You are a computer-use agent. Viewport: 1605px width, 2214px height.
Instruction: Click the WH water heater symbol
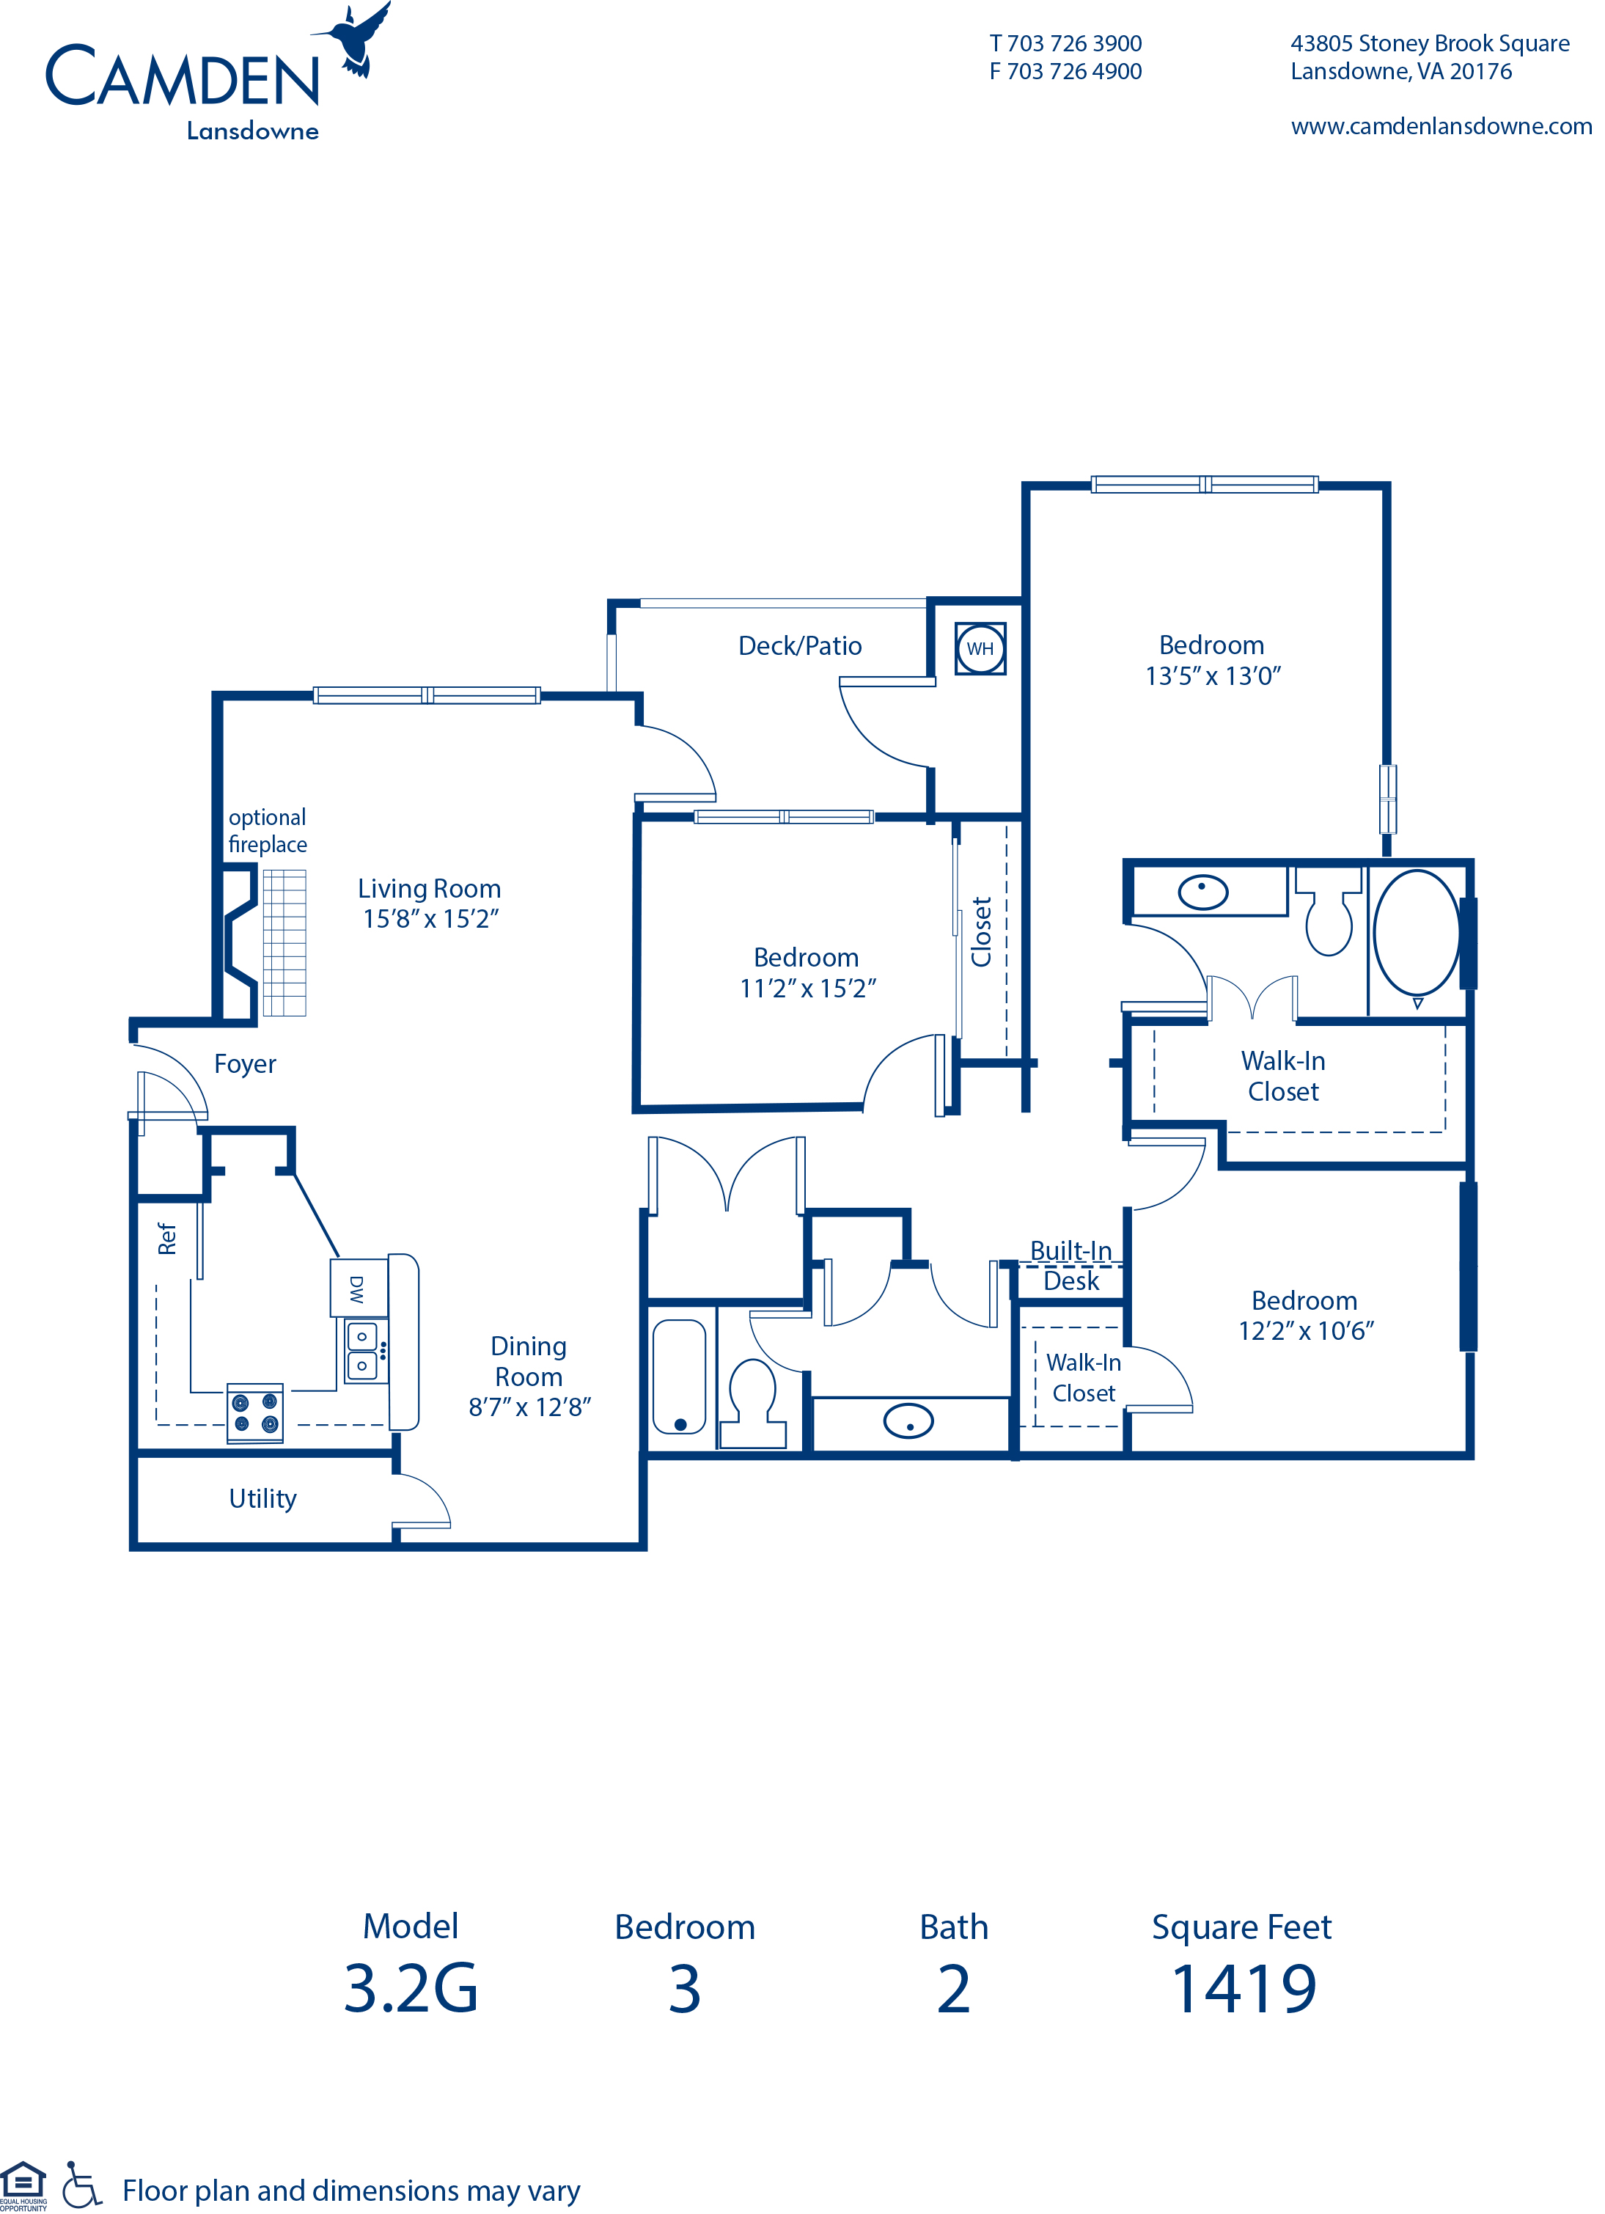980,649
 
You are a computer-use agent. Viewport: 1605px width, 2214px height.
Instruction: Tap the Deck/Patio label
800,646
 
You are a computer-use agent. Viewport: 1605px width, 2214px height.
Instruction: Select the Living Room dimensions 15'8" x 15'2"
430,919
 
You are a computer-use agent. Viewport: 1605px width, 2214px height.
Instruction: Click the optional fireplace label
268,831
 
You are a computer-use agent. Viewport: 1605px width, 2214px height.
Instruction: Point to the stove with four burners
255,1412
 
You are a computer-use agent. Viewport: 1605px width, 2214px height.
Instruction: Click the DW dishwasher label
356,1289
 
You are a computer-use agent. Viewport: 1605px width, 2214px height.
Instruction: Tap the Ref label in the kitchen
167,1239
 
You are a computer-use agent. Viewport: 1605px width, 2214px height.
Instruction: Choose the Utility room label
262,1498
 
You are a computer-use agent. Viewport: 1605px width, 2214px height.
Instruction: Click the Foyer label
245,1064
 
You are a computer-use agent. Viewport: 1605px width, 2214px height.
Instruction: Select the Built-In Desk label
1071,1266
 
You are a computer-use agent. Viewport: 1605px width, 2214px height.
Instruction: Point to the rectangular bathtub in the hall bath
680,1377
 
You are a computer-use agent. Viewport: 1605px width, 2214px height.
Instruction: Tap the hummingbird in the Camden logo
356,39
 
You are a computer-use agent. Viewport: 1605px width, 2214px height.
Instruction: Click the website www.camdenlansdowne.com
1441,127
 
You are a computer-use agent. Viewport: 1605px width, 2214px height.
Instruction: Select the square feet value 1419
1244,1990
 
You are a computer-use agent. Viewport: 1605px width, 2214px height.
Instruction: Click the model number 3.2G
411,1990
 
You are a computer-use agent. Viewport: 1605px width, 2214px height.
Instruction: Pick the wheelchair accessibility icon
82,2184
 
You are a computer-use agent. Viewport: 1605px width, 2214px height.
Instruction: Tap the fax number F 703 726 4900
1065,71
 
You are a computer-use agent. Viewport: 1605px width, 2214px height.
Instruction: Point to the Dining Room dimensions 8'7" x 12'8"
530,1407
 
